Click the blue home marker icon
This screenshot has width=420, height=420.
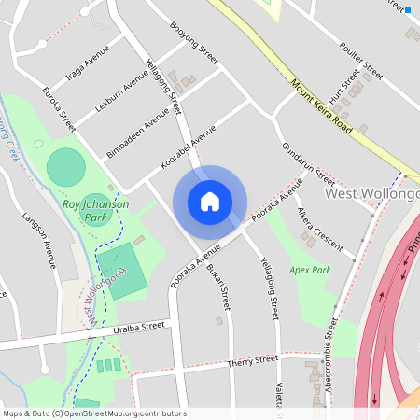pyautogui.click(x=210, y=201)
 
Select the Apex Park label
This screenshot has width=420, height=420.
pyautogui.click(x=310, y=270)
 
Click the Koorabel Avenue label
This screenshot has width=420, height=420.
pyautogui.click(x=189, y=147)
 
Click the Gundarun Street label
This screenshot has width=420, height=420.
pyautogui.click(x=309, y=162)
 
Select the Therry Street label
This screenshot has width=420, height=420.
pyautogui.click(x=253, y=359)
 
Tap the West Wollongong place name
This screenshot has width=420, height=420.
pyautogui.click(x=371, y=193)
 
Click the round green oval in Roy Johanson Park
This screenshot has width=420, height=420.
pyautogui.click(x=65, y=166)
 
